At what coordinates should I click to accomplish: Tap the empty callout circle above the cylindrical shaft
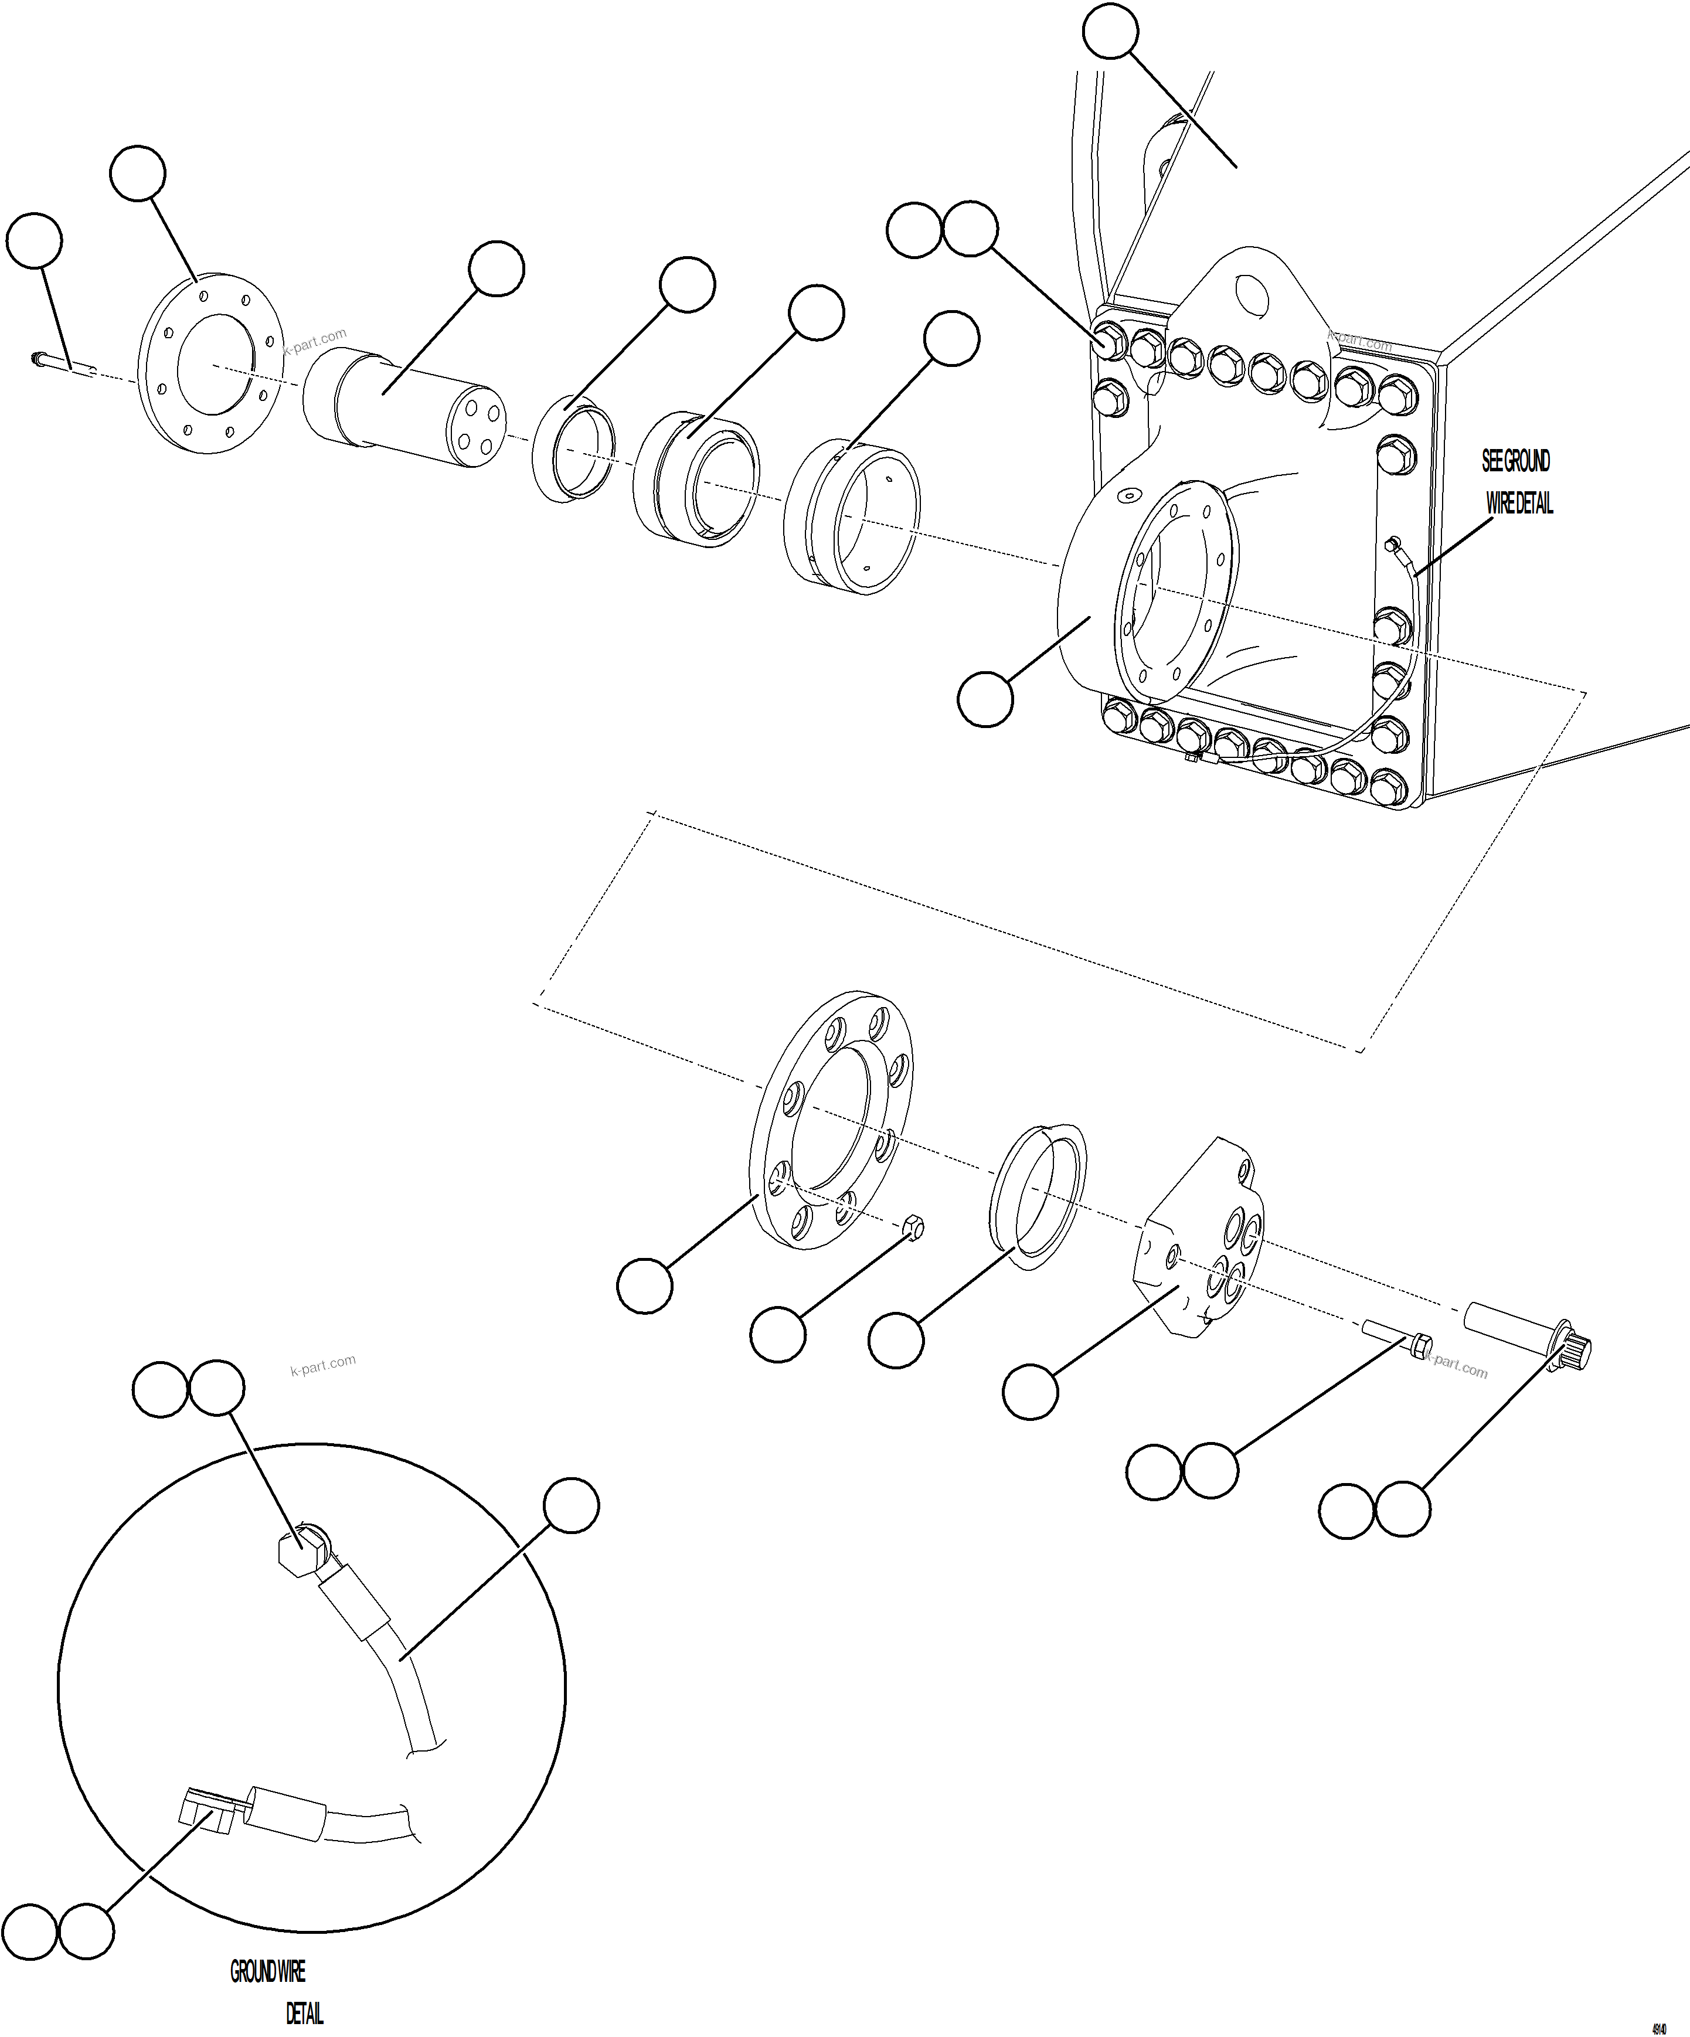pos(497,270)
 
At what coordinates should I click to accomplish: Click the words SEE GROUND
pos(1515,462)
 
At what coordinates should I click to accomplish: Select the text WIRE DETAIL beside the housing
pos(1519,504)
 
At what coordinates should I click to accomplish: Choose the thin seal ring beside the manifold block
pos(1037,1195)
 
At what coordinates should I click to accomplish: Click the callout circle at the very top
pos(1110,32)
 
